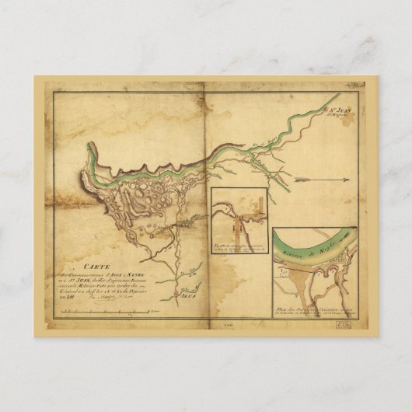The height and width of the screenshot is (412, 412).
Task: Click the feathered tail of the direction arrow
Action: click(x=300, y=180)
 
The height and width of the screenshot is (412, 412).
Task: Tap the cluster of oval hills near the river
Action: click(x=148, y=194)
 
